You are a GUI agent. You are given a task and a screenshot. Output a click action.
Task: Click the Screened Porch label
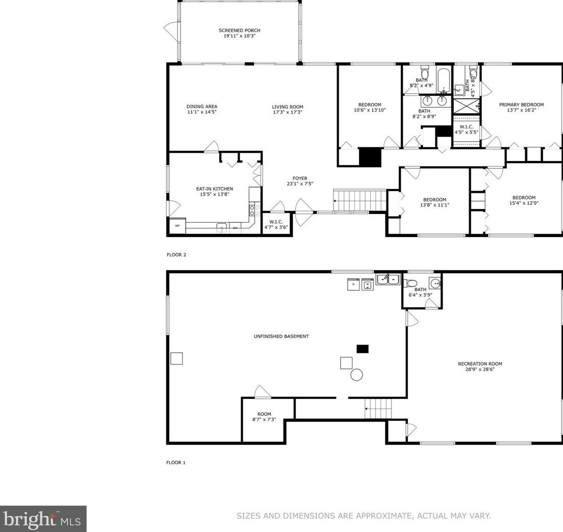click(240, 31)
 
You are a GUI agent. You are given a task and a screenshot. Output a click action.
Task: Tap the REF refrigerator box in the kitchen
click(177, 226)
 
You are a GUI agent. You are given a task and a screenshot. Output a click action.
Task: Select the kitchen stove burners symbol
click(252, 210)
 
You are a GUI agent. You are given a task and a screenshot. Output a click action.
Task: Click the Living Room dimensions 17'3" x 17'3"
click(288, 112)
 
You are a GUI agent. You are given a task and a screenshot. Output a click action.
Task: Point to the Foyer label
click(300, 178)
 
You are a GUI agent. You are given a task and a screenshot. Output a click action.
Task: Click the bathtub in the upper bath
click(444, 80)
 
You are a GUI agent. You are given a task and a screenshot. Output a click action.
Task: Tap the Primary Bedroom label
click(521, 105)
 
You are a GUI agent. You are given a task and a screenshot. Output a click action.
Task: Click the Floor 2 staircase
click(360, 200)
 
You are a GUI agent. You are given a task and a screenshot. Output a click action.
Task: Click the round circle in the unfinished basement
click(356, 375)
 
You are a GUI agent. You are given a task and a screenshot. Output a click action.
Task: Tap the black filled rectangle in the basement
click(363, 349)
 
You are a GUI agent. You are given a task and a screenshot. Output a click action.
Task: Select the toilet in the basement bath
click(410, 283)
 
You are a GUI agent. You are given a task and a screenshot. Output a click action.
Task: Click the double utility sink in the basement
click(389, 279)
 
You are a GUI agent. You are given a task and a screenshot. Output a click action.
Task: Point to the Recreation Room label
click(480, 364)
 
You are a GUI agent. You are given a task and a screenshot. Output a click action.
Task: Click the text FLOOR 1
click(176, 462)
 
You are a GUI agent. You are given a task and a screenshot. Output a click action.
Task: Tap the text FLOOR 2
click(176, 255)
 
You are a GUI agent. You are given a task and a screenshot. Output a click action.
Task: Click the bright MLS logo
click(43, 519)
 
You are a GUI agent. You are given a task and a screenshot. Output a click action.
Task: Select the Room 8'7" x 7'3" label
click(264, 416)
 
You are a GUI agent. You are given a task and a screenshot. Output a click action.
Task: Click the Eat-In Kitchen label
click(214, 189)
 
